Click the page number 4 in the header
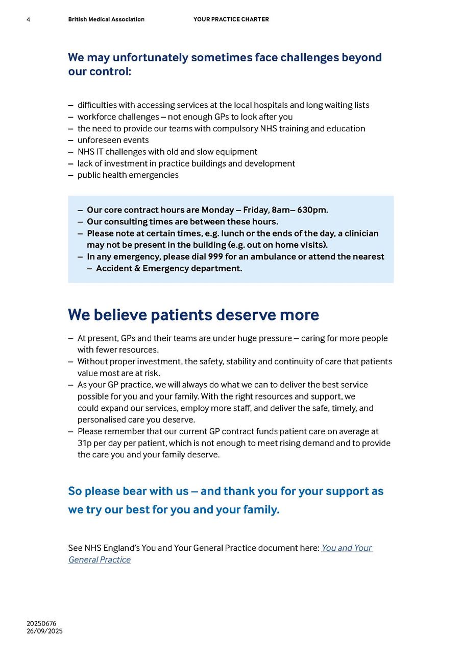28,19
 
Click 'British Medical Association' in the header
106,19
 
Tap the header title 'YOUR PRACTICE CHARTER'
231,19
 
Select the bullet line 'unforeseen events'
113,140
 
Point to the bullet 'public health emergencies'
128,175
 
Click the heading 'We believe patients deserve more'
193,315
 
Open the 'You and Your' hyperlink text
347,548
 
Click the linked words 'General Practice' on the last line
100,559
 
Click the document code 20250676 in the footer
42,623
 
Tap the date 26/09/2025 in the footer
45,631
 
